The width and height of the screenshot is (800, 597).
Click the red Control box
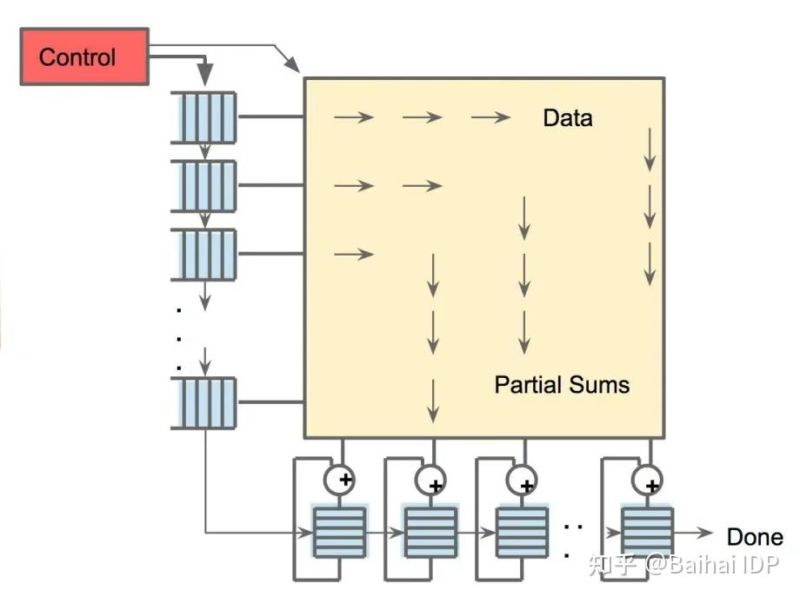pyautogui.click(x=83, y=57)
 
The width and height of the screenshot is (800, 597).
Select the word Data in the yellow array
pyautogui.click(x=567, y=118)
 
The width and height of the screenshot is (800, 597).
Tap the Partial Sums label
pyautogui.click(x=562, y=384)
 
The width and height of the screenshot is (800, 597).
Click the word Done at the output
pyautogui.click(x=755, y=537)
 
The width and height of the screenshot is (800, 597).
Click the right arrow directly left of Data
pyautogui.click(x=490, y=117)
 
